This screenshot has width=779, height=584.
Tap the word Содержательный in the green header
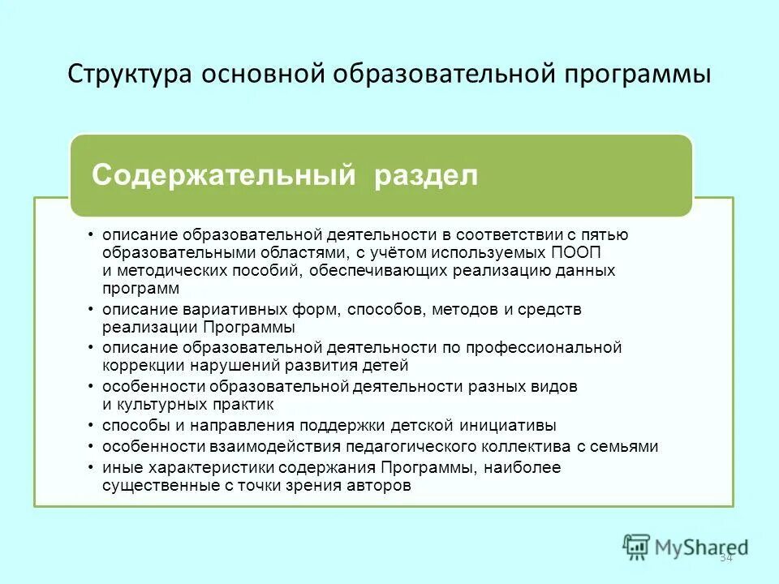coord(224,175)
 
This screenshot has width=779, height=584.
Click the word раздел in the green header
coord(426,175)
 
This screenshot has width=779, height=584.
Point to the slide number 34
coord(725,556)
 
